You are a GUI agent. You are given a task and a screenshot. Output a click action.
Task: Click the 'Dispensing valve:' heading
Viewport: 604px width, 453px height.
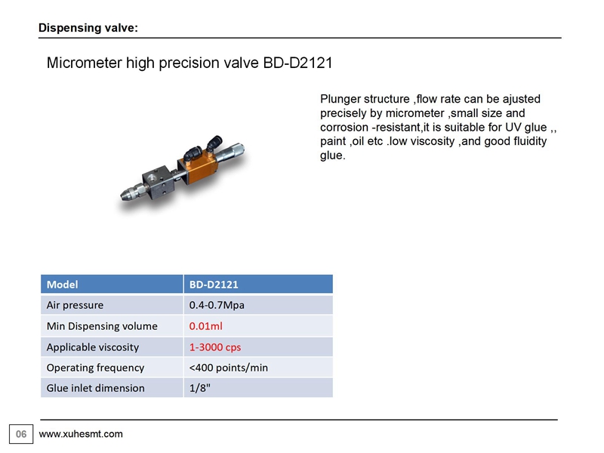[x=88, y=28]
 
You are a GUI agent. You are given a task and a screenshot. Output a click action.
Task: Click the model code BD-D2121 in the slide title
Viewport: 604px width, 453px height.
[x=297, y=63]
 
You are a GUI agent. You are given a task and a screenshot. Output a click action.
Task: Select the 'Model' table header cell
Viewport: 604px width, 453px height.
[x=112, y=285]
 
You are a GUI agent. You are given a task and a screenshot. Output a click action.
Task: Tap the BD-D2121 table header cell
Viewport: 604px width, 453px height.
[x=258, y=285]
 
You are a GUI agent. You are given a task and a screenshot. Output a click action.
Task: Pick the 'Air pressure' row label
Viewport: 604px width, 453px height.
[x=75, y=305]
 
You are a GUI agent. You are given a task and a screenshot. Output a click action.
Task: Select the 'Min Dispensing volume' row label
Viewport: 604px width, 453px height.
[x=102, y=326]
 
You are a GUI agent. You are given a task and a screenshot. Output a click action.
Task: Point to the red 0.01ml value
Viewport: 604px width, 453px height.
[x=205, y=326]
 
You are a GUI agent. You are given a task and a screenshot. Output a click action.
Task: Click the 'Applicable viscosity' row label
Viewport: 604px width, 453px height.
[x=93, y=347]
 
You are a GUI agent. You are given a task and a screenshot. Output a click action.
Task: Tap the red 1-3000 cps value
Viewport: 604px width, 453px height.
[x=215, y=347]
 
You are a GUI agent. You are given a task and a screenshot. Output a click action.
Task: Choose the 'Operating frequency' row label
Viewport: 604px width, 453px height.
[x=96, y=368]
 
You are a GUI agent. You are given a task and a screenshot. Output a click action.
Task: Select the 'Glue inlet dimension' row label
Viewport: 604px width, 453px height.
[x=96, y=388]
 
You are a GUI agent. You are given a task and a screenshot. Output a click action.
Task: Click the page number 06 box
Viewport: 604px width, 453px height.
[x=21, y=434]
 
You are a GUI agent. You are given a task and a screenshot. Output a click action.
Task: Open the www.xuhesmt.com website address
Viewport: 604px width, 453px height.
[x=81, y=433]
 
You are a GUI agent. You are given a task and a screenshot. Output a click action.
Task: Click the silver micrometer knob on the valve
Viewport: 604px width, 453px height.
[x=232, y=153]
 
